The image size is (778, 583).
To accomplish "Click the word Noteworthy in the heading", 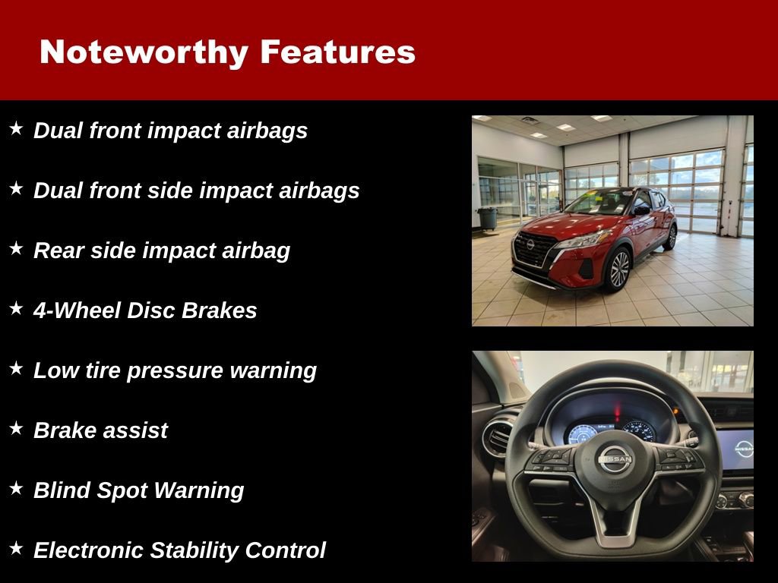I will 144,52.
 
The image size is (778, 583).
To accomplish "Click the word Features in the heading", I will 337,52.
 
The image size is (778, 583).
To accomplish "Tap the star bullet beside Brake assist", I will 16,428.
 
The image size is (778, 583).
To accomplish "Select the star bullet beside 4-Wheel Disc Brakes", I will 16,308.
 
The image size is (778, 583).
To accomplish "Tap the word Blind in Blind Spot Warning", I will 62,490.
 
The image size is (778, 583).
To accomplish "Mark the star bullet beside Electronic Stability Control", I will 16,548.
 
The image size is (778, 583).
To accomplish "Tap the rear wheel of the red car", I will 670,237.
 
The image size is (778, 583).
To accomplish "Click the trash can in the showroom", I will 487,219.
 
